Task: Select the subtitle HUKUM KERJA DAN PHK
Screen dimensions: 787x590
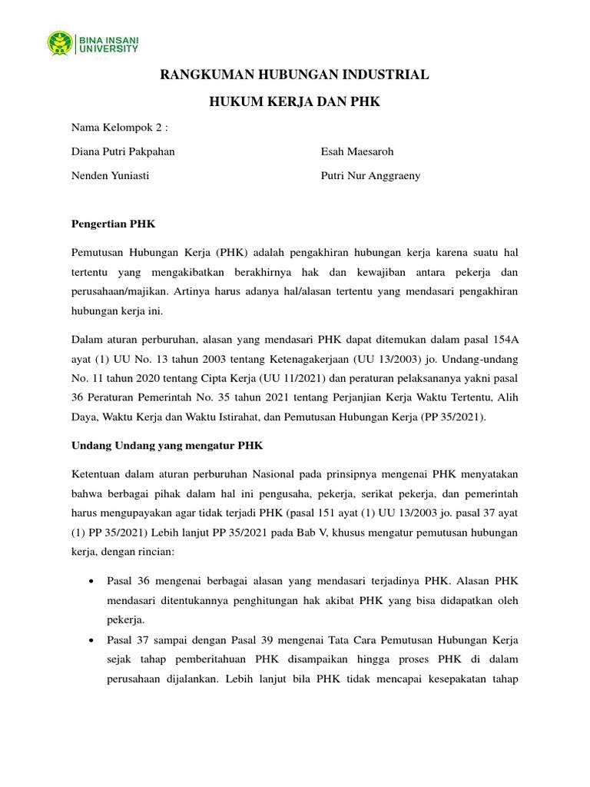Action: [x=295, y=101]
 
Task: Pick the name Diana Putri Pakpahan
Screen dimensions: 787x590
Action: [x=123, y=151]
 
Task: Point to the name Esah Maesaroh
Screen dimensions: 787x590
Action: [x=357, y=151]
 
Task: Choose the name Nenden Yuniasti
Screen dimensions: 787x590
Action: [x=111, y=175]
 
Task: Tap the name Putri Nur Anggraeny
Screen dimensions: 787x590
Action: [x=371, y=175]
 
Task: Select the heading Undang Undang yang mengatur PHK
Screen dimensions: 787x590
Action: [x=167, y=444]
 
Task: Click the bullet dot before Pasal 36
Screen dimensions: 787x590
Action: [x=93, y=582]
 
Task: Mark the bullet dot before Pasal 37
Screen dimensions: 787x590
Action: [x=93, y=639]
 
